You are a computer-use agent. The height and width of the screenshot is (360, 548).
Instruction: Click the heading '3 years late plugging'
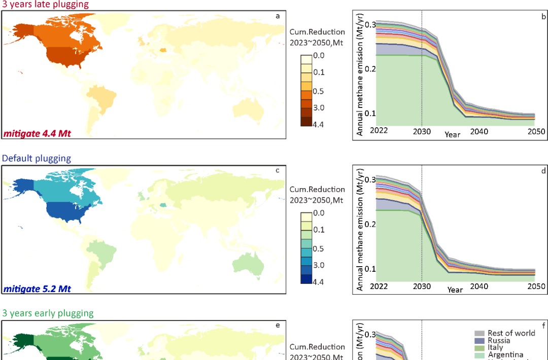click(45, 5)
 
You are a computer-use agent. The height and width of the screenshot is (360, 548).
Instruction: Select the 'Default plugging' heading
click(37, 158)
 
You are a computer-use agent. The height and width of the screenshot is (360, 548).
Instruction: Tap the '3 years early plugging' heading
click(48, 313)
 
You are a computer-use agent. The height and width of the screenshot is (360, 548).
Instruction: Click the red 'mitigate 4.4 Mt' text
click(38, 134)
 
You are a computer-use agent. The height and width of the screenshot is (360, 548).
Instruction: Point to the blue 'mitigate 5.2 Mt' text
click(38, 289)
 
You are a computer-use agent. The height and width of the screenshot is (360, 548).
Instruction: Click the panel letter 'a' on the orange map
click(278, 16)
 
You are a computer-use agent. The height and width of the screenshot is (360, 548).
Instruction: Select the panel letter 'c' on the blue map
click(278, 170)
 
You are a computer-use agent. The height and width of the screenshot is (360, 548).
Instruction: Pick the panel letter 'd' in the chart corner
click(543, 171)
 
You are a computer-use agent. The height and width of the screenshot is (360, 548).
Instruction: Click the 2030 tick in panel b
click(422, 131)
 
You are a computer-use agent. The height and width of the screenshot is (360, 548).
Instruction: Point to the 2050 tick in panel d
click(536, 286)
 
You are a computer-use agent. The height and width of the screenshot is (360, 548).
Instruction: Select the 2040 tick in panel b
click(479, 131)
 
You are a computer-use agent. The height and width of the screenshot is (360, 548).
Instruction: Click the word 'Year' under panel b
click(453, 135)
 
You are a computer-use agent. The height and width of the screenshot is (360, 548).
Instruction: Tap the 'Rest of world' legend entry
click(511, 333)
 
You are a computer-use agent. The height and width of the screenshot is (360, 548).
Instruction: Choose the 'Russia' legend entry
click(499, 341)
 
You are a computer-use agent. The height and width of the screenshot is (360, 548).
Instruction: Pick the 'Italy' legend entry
click(495, 348)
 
